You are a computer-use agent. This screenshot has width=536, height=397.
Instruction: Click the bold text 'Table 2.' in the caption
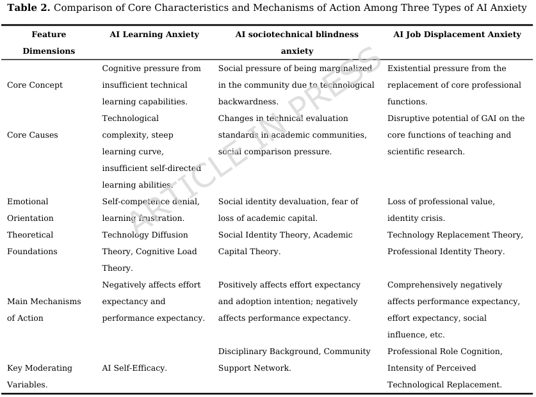pos(28,8)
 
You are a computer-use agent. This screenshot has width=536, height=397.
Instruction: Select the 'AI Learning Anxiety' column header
pos(154,35)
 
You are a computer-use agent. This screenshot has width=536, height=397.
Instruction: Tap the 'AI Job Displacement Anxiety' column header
pos(457,35)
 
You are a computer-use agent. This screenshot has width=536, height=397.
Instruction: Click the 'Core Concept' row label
pos(35,85)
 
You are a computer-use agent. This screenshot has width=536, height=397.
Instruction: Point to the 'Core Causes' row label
pos(32,135)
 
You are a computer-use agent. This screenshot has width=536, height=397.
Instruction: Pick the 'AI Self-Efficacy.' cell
pos(134,368)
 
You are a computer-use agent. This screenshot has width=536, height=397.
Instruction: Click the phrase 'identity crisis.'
pos(416,218)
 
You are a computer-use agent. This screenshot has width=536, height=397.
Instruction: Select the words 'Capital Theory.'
pos(249,252)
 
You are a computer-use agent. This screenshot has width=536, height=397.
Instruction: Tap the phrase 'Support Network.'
pos(254,368)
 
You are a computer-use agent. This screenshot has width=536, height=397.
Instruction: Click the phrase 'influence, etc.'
pos(416,335)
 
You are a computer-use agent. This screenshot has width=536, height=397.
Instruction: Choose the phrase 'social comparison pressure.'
pos(275,152)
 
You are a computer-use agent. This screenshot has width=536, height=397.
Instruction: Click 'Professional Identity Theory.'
pos(446,252)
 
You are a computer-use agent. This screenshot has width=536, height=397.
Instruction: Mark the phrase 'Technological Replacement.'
pos(444,385)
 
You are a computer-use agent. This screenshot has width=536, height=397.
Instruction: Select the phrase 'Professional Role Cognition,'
pos(444,352)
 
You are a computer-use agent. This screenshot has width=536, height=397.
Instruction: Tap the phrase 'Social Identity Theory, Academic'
pos(285,235)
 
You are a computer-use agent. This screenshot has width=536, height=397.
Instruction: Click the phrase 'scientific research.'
pos(426,152)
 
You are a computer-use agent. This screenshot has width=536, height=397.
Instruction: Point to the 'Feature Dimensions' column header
pos(49,43)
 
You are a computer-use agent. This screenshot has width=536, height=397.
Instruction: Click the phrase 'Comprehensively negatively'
pos(444,285)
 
